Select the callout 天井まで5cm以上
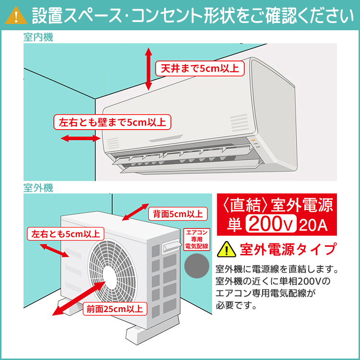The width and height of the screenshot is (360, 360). pos(200,68)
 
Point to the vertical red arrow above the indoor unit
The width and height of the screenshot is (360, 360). pos(148,69)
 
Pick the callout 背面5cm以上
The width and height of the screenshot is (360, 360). pos(178,213)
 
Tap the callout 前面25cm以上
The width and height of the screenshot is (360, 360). pos(114,309)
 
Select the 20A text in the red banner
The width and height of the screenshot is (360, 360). pos(312,224)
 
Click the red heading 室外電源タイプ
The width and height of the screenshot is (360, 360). pos(288,250)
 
